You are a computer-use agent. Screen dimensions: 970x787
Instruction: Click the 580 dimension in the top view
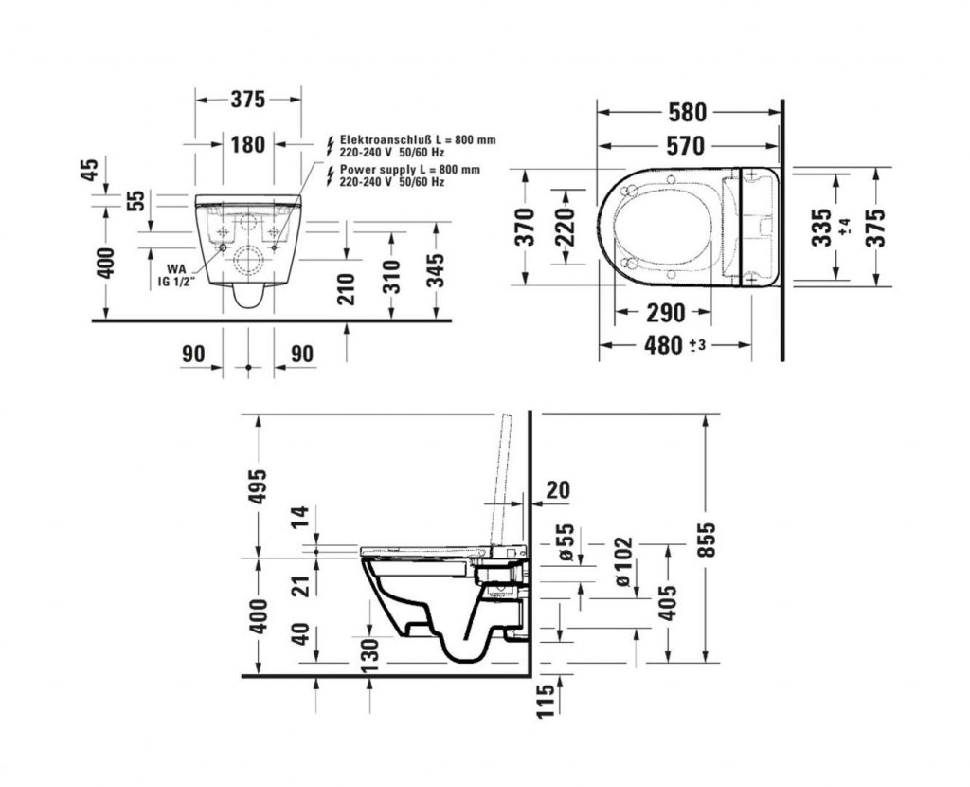click(x=688, y=112)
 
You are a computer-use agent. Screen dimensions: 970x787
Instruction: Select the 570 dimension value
click(x=686, y=146)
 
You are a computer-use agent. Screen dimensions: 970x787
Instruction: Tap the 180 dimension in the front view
click(x=248, y=145)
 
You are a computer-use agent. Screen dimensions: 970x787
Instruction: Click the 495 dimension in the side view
click(x=258, y=486)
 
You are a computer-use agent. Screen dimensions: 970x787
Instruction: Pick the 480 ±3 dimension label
click(x=674, y=345)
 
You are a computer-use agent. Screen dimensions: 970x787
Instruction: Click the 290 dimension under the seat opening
click(x=666, y=313)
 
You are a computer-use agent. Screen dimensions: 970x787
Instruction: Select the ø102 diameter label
click(x=623, y=562)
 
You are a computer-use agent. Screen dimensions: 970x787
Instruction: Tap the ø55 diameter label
click(x=566, y=542)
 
